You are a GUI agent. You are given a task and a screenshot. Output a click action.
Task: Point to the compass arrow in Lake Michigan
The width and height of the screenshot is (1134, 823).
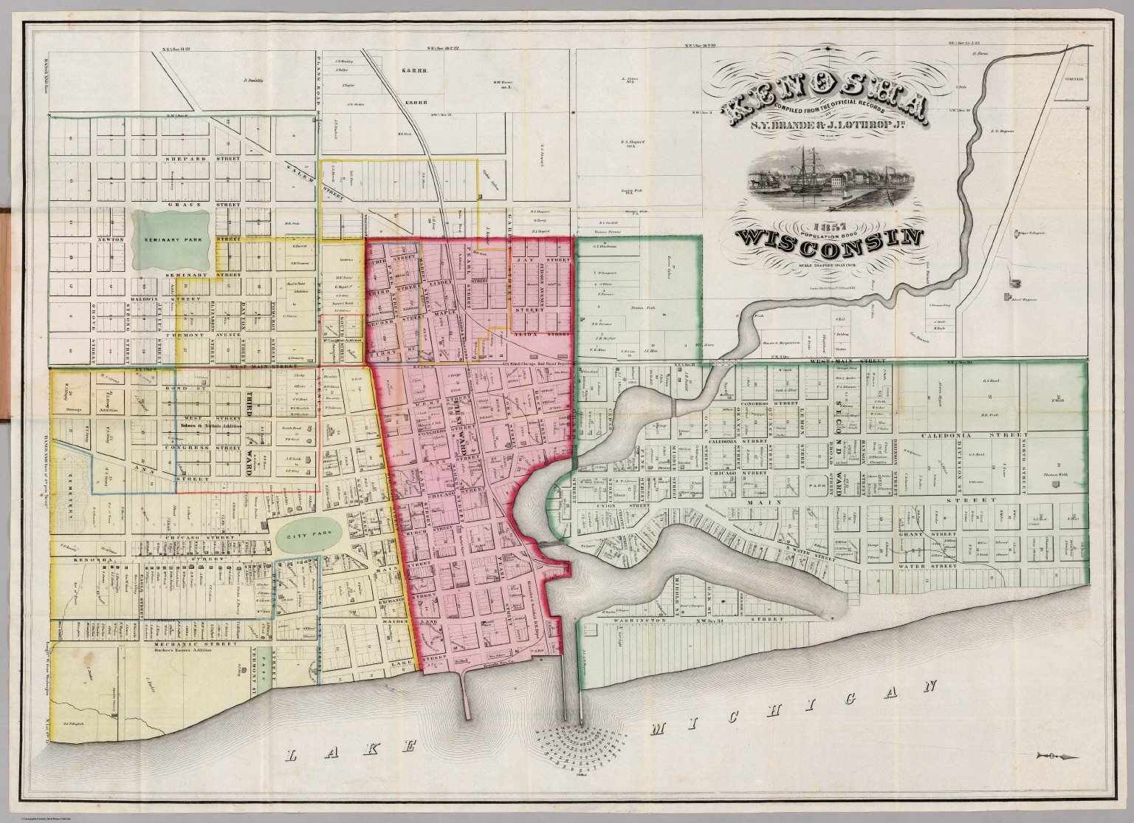tap(1056, 754)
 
